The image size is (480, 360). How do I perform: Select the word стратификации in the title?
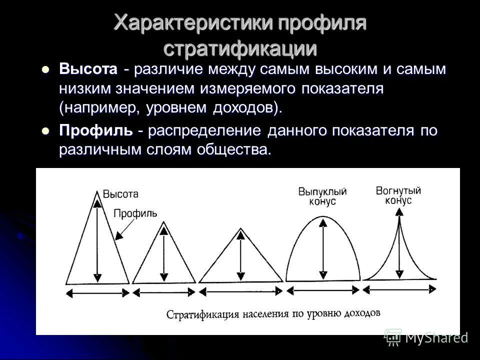(x=240, y=48)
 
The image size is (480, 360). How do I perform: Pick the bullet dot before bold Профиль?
(x=46, y=131)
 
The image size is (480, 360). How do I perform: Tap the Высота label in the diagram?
(x=120, y=193)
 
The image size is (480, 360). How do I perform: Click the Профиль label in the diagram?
(x=135, y=213)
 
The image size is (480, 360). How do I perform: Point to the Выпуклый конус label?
(x=322, y=196)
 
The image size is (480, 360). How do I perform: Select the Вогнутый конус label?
(x=398, y=194)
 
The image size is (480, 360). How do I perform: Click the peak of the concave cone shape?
(x=398, y=211)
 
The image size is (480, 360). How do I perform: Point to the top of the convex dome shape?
(x=323, y=218)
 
